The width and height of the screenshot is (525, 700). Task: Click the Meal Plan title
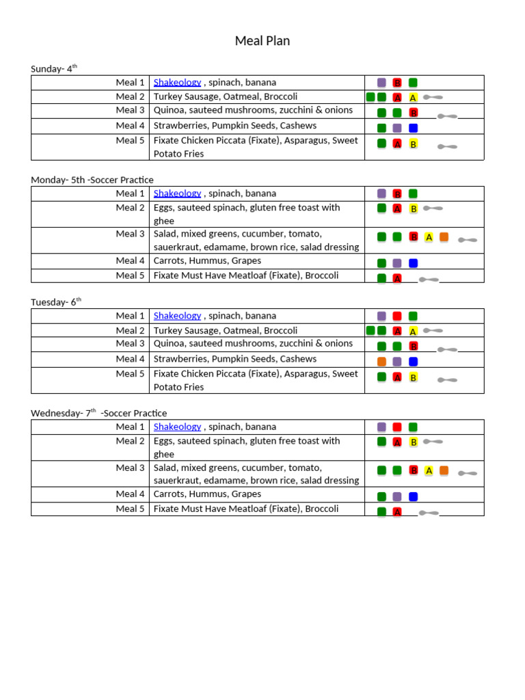(262, 41)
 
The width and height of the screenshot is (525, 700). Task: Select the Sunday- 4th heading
(54, 68)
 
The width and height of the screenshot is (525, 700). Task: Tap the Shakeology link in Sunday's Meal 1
(177, 82)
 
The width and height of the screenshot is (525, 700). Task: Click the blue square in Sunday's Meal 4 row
(413, 128)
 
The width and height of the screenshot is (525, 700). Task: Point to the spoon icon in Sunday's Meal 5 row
(447, 146)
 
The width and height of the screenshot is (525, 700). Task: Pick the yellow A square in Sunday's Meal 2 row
(413, 98)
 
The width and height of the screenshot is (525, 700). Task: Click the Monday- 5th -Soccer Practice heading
(92, 180)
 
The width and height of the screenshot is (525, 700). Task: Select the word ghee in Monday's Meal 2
(164, 221)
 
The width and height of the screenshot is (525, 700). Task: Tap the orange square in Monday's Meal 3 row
(444, 237)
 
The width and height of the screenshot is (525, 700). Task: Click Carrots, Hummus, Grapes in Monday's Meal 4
(207, 260)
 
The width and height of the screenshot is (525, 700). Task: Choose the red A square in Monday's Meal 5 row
(397, 278)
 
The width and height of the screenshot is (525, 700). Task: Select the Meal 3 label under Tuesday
(130, 344)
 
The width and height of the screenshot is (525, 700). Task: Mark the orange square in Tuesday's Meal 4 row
(381, 362)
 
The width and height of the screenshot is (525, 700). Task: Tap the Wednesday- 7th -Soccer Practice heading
(98, 413)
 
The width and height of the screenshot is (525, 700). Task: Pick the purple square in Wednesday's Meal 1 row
(381, 427)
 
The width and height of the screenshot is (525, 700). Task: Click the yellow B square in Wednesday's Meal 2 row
(413, 442)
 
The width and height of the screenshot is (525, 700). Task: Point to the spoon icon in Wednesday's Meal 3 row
(468, 473)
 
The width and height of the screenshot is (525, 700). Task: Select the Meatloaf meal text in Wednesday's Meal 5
(245, 509)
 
